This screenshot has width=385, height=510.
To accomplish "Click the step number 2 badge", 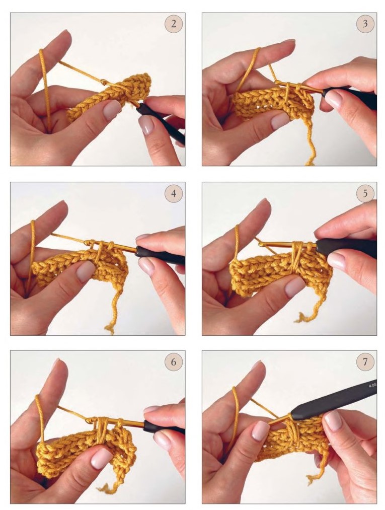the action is pos(174,24).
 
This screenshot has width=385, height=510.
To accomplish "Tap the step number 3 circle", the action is pos(365,24).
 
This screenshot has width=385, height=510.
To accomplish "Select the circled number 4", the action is pos(174,193).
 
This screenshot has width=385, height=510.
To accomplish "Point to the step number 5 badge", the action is pos(365,193).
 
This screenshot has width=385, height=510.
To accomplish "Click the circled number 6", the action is pos(174,361).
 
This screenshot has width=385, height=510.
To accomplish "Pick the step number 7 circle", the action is pos(365,361).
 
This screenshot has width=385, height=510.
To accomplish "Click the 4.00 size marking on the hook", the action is pos(372,385).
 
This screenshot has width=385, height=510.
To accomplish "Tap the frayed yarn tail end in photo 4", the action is pos(110,329).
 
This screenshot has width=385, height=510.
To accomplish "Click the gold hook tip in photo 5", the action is pos(262,244).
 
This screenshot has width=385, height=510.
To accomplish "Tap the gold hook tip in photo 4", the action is pos(87,242).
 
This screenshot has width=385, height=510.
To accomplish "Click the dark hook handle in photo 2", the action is pos(161,123).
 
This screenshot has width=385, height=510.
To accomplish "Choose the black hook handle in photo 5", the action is pos(346,247).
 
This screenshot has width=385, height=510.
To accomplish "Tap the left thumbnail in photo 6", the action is pos(102,458).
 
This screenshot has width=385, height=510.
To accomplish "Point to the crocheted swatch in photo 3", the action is pos(273,103).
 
